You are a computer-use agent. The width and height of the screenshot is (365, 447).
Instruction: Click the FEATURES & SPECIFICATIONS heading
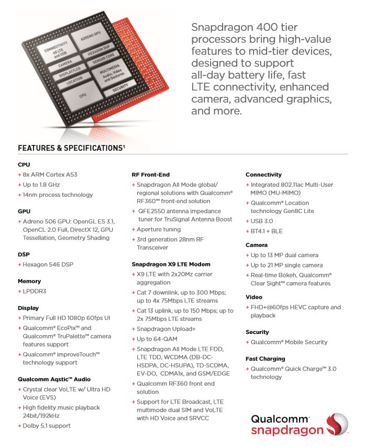pyautogui.click(x=71, y=148)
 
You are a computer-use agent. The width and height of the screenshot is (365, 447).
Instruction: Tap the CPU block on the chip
pyautogui.click(x=82, y=96)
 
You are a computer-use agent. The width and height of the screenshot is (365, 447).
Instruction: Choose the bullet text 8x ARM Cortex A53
pyautogui.click(x=50, y=174)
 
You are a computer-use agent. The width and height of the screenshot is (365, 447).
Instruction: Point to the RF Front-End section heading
pyautogui.click(x=150, y=174)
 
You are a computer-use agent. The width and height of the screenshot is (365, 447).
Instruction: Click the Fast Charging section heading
pyautogui.click(x=265, y=359)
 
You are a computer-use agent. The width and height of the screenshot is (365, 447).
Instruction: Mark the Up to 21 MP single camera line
pyautogui.click(x=286, y=265)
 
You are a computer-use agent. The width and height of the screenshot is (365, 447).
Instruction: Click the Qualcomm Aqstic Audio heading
pyautogui.click(x=54, y=379)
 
